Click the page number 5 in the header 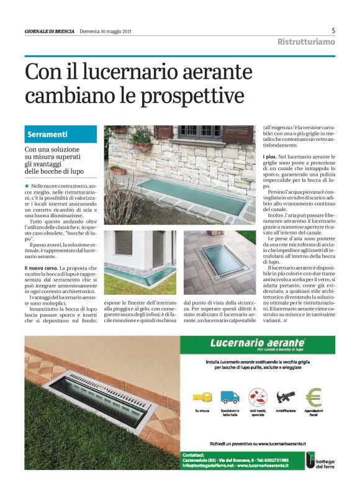coord(333,30)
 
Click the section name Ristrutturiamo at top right coord(305,42)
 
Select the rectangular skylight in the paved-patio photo coord(218,263)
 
